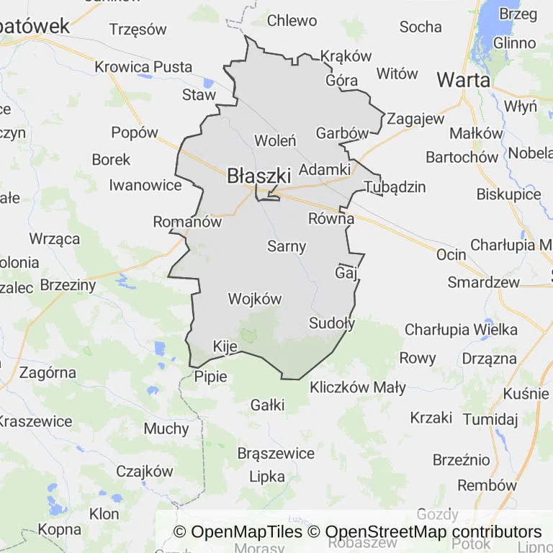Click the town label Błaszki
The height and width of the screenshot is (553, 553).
click(x=258, y=175)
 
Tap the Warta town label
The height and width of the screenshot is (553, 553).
click(x=463, y=80)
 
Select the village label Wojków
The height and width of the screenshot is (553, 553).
click(x=254, y=298)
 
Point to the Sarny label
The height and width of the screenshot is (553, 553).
click(x=287, y=246)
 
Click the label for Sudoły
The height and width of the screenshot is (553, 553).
click(x=332, y=323)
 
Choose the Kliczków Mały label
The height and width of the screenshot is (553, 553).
click(x=358, y=387)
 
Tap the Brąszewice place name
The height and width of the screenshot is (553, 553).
click(x=276, y=454)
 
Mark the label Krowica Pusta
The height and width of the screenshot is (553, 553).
click(x=143, y=67)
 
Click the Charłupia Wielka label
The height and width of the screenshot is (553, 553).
click(x=461, y=330)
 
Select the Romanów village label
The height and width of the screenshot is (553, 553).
click(x=187, y=222)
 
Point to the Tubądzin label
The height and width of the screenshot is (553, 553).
click(x=395, y=187)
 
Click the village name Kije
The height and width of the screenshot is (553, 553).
click(x=225, y=347)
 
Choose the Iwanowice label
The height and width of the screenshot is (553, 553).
click(x=145, y=185)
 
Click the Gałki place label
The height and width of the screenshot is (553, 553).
click(x=267, y=405)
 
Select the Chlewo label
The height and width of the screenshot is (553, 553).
click(x=292, y=21)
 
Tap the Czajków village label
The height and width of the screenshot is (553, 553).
click(x=145, y=472)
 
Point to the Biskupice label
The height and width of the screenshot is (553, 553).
click(x=508, y=194)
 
